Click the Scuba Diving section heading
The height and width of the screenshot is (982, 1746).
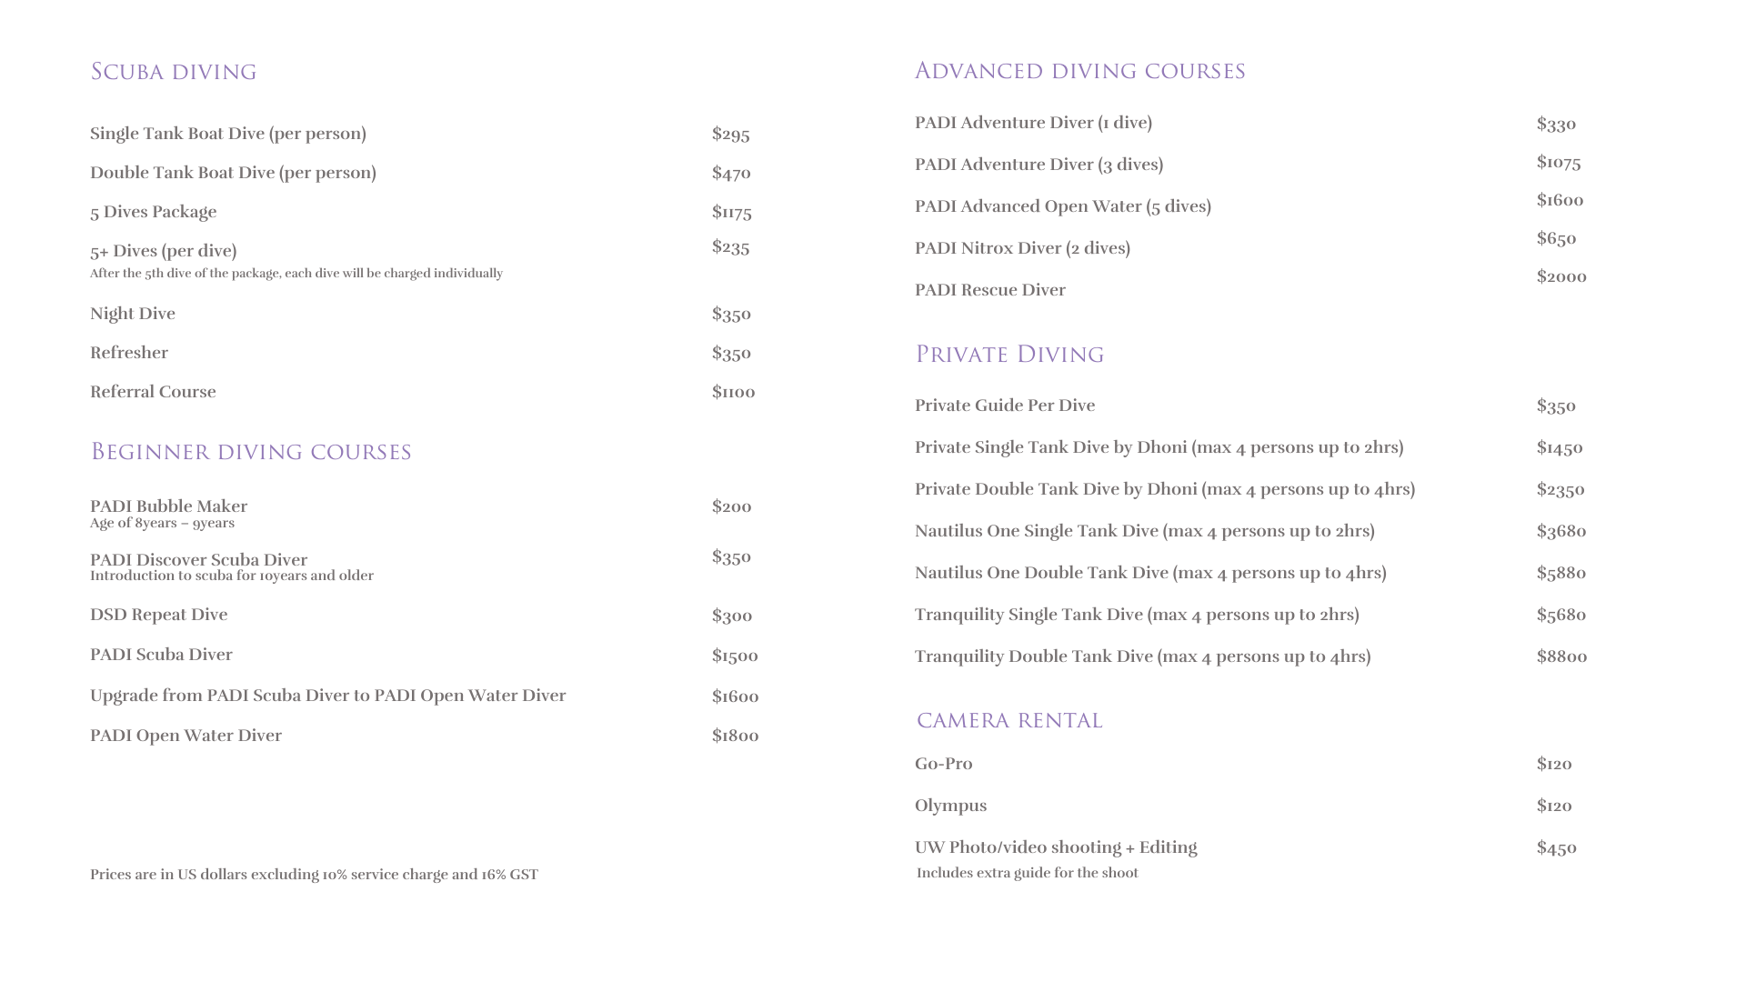(x=173, y=72)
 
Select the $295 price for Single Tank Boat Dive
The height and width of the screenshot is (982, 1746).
(x=730, y=135)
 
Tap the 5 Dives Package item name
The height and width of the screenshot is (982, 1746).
(x=153, y=212)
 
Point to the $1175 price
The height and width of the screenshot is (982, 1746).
(x=731, y=213)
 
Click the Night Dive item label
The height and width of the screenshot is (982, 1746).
(x=132, y=314)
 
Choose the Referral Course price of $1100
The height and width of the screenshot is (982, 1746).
(x=733, y=392)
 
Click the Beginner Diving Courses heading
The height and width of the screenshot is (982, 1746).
(x=250, y=452)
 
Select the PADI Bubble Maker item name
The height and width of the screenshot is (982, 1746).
(x=168, y=506)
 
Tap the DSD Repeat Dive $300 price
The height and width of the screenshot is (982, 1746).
(x=731, y=616)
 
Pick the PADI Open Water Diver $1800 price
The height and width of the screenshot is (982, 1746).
(x=735, y=736)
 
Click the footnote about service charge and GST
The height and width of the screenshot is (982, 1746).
(x=314, y=875)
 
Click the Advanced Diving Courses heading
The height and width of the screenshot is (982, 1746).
(x=1079, y=71)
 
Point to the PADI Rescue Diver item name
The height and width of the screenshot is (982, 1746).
(x=989, y=290)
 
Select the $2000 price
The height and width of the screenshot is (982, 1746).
(x=1560, y=276)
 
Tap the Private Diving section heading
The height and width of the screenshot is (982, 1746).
(x=1009, y=355)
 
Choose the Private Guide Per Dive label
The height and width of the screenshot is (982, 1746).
(x=1004, y=406)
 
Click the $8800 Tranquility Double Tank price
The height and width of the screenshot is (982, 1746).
(x=1561, y=656)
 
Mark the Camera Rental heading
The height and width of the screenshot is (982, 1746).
(x=1009, y=721)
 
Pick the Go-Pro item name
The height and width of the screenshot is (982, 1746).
(x=943, y=764)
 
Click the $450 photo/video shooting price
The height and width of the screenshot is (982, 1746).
(x=1556, y=848)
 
